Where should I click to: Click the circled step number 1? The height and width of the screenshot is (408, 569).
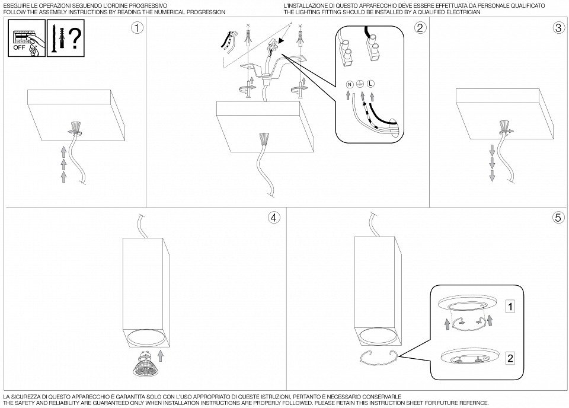pos(137,28)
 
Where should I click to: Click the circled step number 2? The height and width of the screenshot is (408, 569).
pos(420,28)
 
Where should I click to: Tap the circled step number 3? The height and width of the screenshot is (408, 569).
pos(558,28)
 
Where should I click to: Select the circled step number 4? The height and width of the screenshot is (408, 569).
pos(273,218)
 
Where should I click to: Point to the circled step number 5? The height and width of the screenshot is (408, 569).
pos(558,218)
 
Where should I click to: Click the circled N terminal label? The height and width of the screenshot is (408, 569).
pos(349,85)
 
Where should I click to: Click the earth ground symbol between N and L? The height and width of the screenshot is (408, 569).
pos(360,85)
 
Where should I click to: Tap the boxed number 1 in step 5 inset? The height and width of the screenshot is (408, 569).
pos(509,307)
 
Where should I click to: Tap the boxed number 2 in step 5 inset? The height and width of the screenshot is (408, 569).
pos(509,358)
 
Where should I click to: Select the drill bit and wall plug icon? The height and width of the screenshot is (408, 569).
pos(56,38)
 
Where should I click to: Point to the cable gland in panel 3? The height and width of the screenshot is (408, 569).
pos(504,126)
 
